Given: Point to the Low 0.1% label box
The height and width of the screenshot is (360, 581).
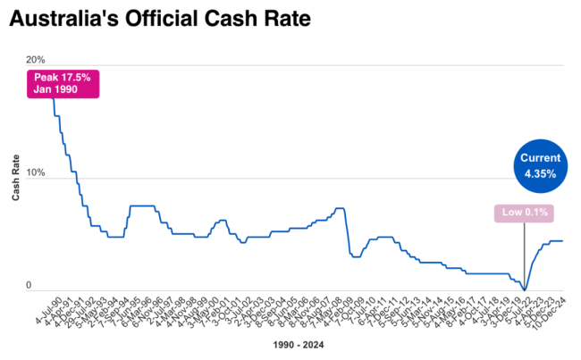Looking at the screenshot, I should (x=525, y=213).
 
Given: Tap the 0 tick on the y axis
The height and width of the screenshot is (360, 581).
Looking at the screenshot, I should (x=39, y=285).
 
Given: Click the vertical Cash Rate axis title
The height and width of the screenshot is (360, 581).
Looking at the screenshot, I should (x=17, y=174).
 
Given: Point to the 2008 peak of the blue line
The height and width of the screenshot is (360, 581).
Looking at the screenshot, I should (x=340, y=208).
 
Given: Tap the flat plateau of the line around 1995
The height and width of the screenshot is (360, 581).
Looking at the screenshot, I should (x=143, y=205).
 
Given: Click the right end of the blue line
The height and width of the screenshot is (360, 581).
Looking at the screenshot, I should (x=562, y=241).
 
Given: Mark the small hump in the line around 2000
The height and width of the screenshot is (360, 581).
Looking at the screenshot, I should (x=221, y=220).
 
